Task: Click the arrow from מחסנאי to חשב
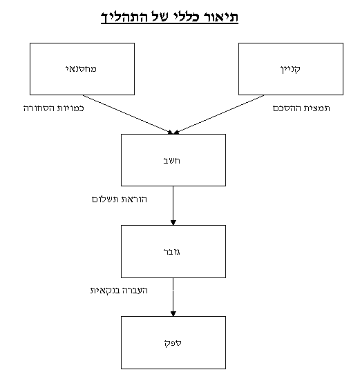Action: (128, 115)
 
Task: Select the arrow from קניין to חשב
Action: (219, 115)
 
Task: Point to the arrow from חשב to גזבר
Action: (173, 206)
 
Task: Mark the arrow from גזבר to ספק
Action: (173, 297)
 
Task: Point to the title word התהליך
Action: (123, 17)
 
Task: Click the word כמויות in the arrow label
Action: (73, 108)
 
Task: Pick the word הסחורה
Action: (41, 108)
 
